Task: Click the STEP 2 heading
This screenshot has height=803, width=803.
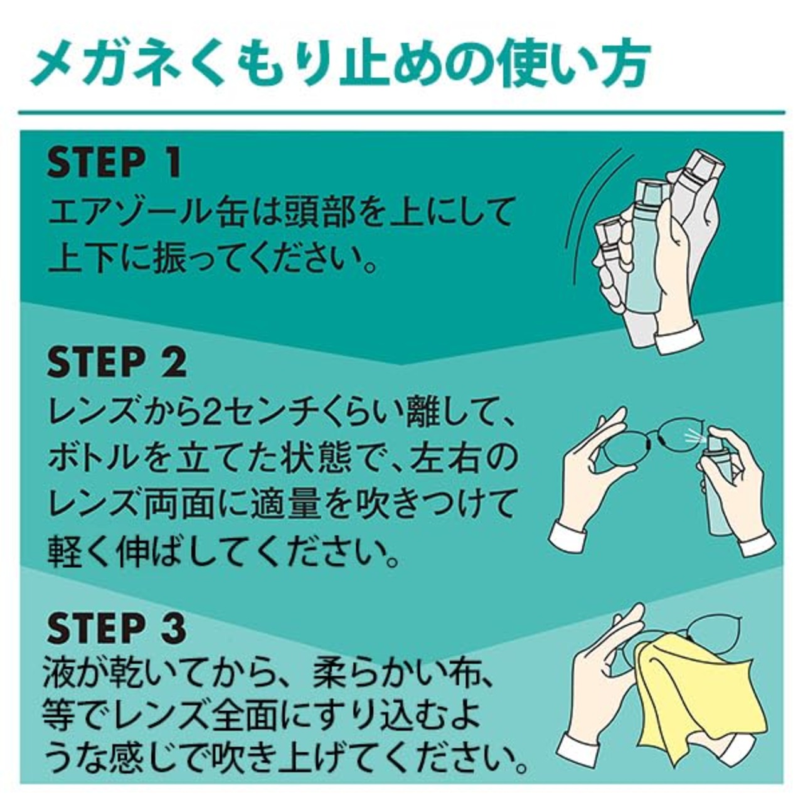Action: (117, 363)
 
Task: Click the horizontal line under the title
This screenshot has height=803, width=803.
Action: (401, 112)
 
